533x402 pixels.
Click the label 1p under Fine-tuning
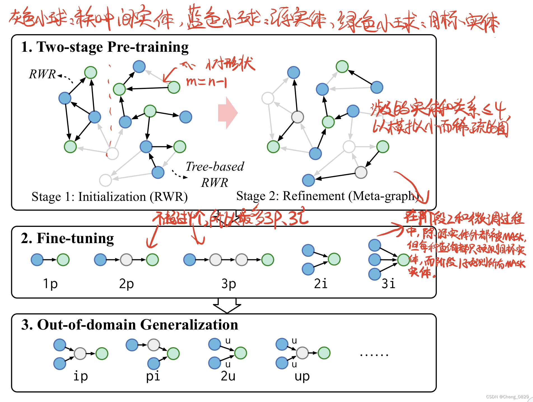point(50,284)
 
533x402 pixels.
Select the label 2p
point(126,284)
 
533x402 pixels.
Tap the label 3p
point(229,284)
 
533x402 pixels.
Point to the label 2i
point(320,284)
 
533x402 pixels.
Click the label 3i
point(388,284)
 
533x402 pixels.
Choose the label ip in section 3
point(81,376)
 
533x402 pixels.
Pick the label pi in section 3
point(153,376)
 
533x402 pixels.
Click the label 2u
point(228,376)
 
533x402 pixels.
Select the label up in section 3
point(302,376)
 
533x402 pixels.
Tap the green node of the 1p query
point(63,260)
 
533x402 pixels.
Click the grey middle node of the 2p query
point(126,260)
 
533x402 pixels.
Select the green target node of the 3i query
point(404,260)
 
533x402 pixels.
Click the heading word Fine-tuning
point(75,238)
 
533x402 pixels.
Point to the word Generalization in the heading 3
point(189,325)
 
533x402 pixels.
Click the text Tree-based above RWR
point(215,166)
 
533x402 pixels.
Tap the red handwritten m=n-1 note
point(206,82)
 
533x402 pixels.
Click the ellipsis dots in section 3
point(374,355)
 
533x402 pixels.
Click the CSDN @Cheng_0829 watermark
point(507,397)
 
